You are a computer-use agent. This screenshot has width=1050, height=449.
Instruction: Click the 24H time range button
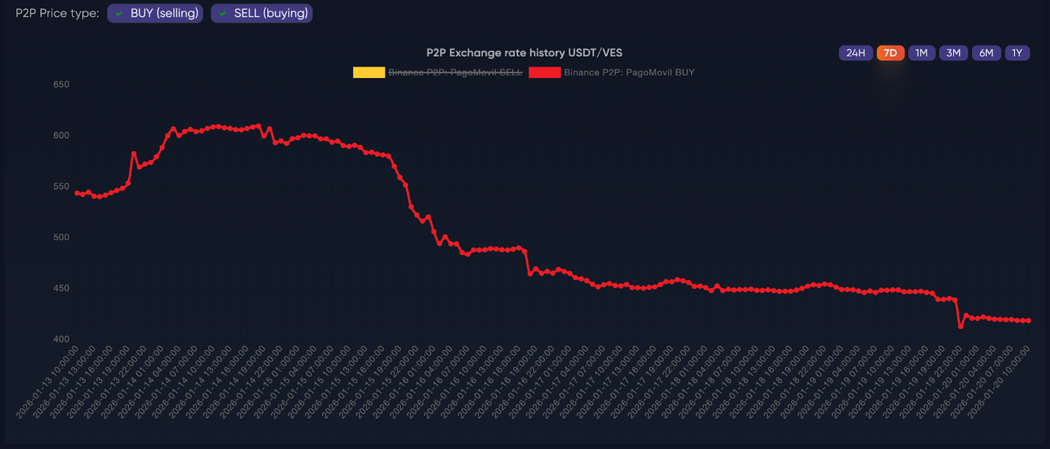855,53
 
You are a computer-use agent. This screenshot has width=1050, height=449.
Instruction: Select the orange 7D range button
890,53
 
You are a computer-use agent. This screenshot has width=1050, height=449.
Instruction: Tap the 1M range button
921,53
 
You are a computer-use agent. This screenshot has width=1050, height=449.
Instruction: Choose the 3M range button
953,53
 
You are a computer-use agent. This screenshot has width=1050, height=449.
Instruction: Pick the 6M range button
986,53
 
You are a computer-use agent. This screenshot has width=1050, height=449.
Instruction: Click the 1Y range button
1017,53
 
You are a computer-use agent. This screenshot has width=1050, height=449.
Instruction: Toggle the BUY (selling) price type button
156,13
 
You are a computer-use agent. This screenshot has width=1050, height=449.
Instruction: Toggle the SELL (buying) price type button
262,13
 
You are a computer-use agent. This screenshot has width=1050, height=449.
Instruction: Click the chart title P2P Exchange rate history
524,53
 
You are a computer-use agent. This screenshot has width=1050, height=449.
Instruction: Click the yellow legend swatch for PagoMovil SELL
369,72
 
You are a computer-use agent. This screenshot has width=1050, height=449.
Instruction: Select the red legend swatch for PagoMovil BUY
545,72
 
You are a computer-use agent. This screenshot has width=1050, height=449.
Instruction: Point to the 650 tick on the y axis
61,84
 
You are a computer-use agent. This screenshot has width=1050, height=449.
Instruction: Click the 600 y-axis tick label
61,135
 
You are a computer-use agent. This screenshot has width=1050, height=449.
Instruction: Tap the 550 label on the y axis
61,186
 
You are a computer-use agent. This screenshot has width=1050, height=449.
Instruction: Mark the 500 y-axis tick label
61,237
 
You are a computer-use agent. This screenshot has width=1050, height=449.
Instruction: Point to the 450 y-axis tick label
61,288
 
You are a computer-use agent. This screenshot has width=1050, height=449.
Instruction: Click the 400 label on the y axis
61,339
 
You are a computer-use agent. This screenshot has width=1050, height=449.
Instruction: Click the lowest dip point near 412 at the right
961,326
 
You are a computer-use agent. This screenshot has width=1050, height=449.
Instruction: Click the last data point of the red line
1028,320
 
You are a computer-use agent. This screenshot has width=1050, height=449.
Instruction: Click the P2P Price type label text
57,13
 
